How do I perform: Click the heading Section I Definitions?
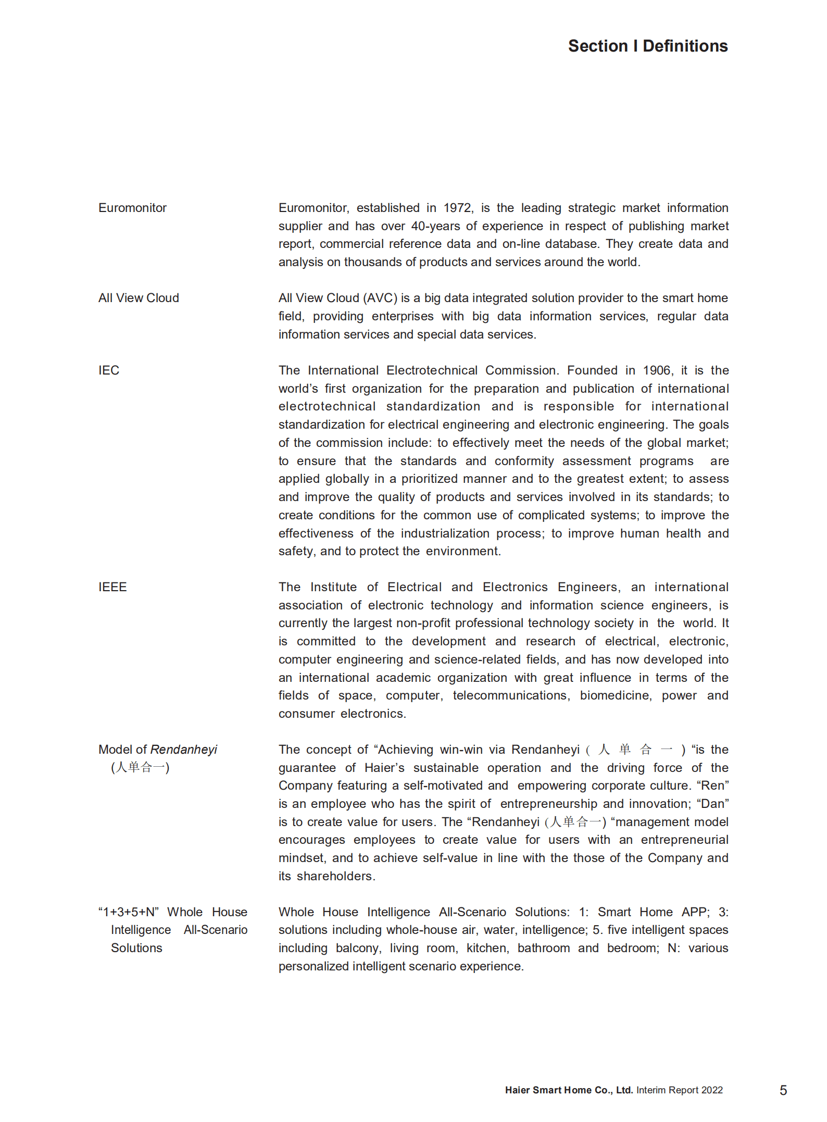pos(647,46)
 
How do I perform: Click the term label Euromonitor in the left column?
pos(132,208)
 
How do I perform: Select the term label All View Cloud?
pos(139,298)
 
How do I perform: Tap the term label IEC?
pos(109,370)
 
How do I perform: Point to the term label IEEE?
pos(112,587)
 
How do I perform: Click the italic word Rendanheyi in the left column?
pos(183,750)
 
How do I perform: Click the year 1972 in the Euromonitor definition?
pos(457,208)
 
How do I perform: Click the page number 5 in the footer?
pos(783,1090)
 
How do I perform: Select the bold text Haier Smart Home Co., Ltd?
pos(568,1090)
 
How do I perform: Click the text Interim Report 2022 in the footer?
pos(679,1090)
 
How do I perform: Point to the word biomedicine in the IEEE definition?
pos(615,695)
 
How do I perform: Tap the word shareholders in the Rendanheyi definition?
pos(335,876)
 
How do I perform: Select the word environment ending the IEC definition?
pos(462,551)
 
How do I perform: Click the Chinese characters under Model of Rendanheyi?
pos(140,767)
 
